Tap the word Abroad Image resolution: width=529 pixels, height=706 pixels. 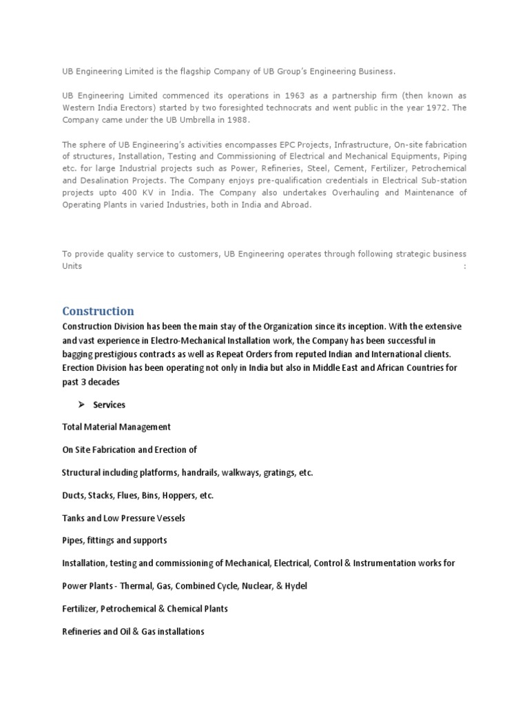pos(296,205)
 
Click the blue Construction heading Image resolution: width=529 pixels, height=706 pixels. pos(98,311)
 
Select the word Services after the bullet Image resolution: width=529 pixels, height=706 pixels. pos(110,405)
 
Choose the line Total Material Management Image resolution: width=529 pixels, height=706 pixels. pos(116,427)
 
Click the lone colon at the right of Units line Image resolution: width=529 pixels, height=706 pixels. pos(464,266)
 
